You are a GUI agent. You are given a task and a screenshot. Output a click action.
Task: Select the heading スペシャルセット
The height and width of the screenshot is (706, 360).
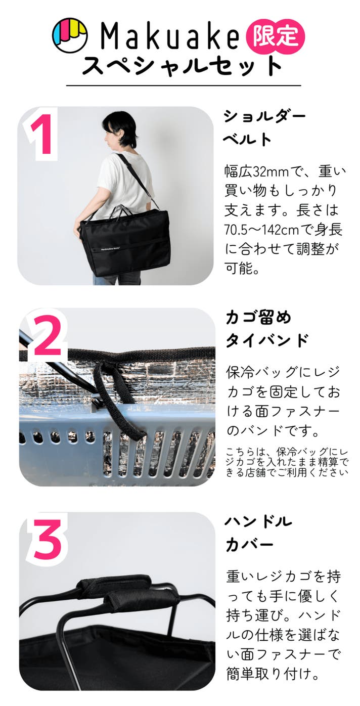(x=182, y=66)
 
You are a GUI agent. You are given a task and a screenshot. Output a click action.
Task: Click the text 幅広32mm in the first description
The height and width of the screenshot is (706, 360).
(x=256, y=172)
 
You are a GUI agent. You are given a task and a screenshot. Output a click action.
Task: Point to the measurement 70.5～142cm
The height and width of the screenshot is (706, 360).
(x=261, y=230)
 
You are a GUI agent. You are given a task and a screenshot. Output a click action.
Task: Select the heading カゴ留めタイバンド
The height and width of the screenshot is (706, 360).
(x=266, y=329)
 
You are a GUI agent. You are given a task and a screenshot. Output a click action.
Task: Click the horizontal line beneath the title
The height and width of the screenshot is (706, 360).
(x=184, y=85)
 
